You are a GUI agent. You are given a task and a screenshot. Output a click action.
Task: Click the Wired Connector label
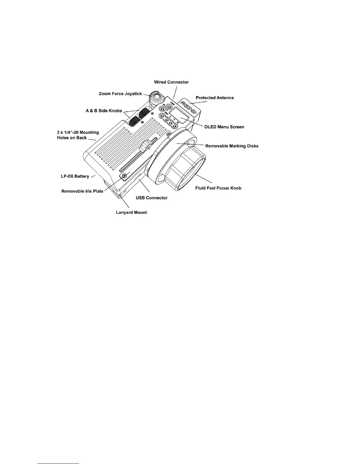point(171,82)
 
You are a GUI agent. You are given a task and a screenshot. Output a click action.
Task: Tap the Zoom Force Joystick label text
point(120,94)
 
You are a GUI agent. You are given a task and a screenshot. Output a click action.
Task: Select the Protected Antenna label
point(215,98)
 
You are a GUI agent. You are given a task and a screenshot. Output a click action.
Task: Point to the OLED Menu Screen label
point(224,127)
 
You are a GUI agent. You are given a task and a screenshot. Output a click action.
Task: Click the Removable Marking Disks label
point(232,146)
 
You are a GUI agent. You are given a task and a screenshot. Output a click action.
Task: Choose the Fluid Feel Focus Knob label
point(218,188)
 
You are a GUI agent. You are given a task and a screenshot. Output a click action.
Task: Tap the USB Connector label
point(152,198)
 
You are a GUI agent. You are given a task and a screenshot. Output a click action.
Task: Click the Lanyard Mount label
point(131,212)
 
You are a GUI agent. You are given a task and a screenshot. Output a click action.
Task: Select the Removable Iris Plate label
point(82,191)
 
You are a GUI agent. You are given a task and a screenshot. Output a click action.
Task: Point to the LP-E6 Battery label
point(73,176)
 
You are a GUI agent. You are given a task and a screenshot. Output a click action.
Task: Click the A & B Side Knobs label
point(104,111)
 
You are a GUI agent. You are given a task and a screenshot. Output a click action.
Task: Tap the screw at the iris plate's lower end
point(124,176)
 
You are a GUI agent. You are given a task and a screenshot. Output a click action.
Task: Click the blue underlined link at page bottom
point(59,463)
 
